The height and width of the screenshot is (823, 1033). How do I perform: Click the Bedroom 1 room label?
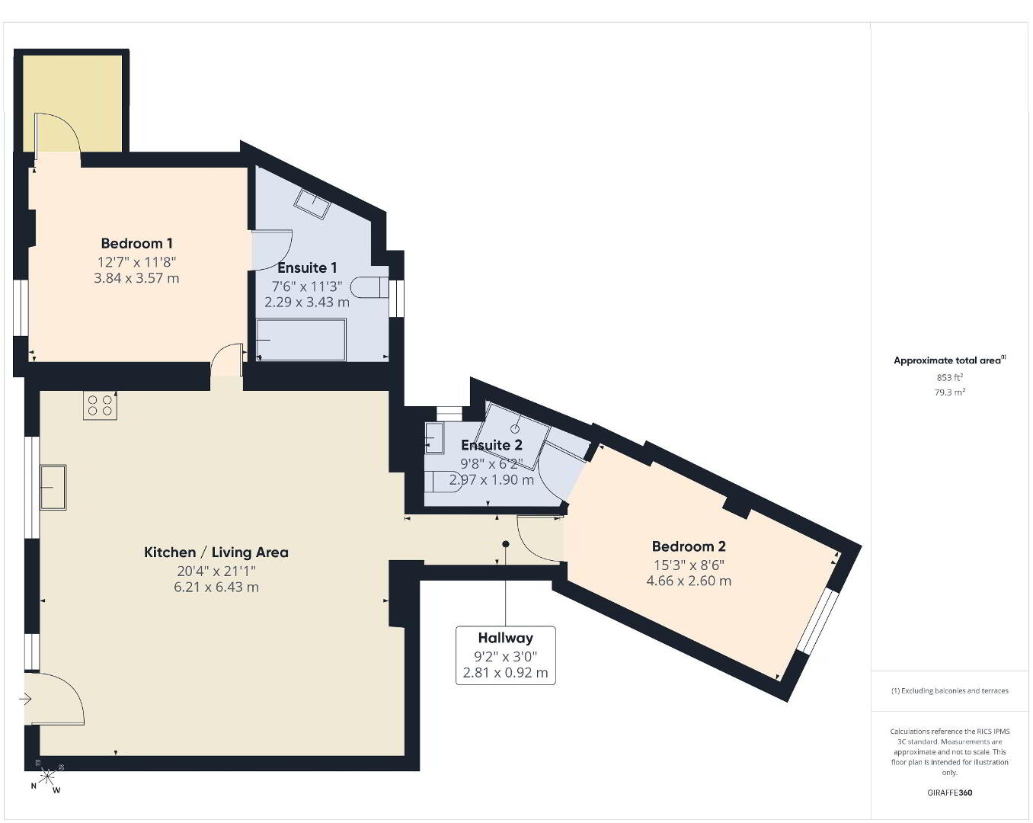(x=137, y=243)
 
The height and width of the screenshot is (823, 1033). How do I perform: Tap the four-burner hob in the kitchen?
(x=101, y=405)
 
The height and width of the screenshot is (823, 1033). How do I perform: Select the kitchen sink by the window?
(x=53, y=487)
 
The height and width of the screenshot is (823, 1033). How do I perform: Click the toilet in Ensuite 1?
(x=369, y=287)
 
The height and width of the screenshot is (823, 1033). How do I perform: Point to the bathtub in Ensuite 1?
(x=301, y=339)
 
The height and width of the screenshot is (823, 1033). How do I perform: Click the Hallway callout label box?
(x=506, y=655)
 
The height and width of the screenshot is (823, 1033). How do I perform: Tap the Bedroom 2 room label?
(x=689, y=546)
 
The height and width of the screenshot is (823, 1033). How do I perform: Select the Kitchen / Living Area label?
(x=216, y=552)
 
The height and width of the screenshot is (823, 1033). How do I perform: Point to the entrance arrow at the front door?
(x=25, y=699)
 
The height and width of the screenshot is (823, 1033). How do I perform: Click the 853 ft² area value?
(x=949, y=377)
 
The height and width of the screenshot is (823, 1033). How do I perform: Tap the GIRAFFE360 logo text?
(x=949, y=793)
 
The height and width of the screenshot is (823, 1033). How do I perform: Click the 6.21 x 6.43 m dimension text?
(x=216, y=587)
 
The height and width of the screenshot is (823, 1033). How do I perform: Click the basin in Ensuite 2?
(x=434, y=438)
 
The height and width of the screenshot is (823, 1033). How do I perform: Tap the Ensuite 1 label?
(x=307, y=267)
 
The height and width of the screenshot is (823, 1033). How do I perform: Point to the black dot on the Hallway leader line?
(x=506, y=544)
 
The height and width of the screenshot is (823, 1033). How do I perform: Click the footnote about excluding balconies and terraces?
(x=949, y=690)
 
